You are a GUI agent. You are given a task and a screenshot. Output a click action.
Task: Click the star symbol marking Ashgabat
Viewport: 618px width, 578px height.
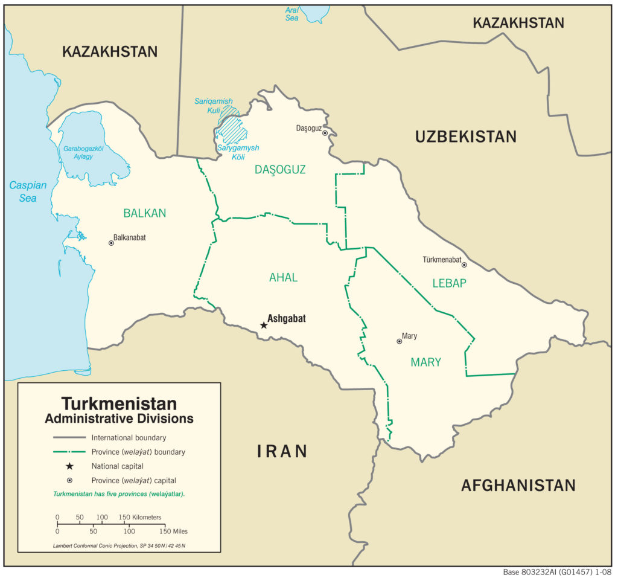(x=263, y=325)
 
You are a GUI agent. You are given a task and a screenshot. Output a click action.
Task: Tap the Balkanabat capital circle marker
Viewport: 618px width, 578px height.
(x=111, y=243)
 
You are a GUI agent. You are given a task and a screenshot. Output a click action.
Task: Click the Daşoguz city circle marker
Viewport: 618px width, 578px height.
(x=325, y=133)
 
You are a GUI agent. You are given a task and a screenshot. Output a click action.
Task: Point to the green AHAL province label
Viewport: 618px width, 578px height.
(x=283, y=277)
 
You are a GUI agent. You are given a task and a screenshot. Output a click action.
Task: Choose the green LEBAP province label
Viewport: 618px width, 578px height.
(x=449, y=283)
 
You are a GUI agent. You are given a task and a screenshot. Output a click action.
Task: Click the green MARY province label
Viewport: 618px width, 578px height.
(x=425, y=362)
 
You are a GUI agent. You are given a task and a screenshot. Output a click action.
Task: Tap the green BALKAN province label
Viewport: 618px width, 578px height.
(x=144, y=213)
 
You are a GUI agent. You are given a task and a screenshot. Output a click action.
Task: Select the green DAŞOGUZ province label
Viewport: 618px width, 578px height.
(x=279, y=170)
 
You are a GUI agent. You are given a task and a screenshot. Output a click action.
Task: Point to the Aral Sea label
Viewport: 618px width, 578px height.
(x=292, y=14)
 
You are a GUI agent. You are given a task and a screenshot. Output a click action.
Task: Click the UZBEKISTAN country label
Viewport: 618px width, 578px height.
(x=465, y=136)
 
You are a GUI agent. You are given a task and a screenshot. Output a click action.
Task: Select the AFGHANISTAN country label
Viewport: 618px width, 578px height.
(x=518, y=485)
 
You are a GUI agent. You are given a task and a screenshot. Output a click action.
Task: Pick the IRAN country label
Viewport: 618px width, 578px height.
(x=282, y=451)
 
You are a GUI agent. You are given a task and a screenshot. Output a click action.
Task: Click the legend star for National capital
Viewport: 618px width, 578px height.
(x=69, y=466)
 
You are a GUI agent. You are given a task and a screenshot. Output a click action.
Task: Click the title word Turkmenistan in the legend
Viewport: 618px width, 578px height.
(x=119, y=403)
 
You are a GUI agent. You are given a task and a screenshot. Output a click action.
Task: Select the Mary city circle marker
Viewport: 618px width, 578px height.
(x=399, y=341)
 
